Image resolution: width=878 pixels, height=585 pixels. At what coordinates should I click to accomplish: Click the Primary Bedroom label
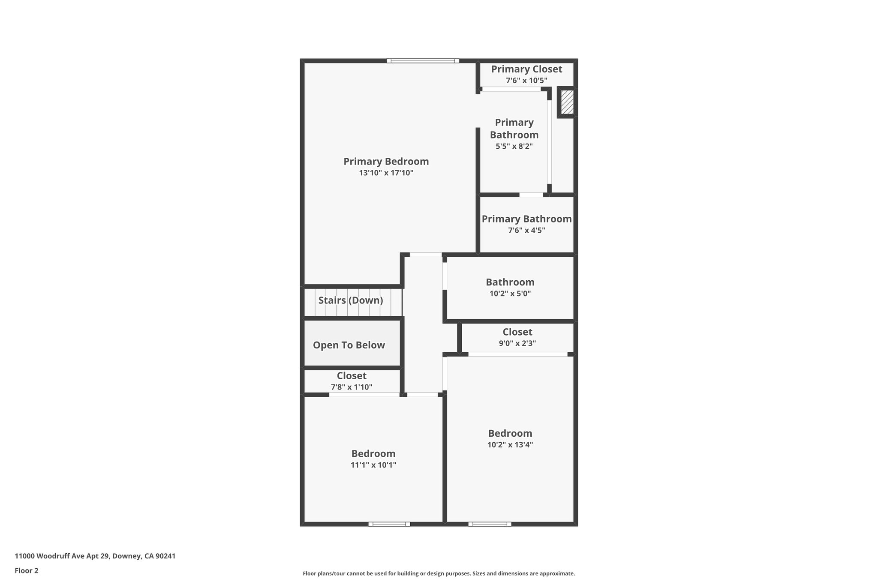click(386, 162)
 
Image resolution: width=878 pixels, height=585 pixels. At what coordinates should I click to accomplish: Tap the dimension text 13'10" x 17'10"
click(386, 173)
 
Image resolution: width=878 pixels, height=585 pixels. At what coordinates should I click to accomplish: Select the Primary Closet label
click(526, 69)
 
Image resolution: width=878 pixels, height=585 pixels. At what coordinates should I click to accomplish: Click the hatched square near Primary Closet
click(567, 102)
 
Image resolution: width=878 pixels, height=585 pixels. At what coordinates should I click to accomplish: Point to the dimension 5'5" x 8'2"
click(514, 146)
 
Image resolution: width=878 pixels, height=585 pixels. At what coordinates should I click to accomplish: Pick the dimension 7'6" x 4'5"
click(526, 230)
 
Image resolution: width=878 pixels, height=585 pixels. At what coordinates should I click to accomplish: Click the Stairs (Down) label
click(351, 300)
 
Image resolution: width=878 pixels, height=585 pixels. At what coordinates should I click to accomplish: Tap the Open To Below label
click(349, 345)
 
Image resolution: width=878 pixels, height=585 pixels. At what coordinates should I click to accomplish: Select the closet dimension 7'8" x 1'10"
click(352, 387)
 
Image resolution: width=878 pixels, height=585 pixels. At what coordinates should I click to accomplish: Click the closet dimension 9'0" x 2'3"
click(517, 343)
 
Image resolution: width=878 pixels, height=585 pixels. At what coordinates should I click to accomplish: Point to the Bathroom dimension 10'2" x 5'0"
click(510, 294)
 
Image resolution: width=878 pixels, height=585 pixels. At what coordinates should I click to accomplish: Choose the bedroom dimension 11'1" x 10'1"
click(373, 465)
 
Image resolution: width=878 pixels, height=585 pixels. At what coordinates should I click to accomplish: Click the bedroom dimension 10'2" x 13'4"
click(510, 444)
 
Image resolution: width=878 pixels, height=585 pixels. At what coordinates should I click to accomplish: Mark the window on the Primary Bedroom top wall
click(423, 61)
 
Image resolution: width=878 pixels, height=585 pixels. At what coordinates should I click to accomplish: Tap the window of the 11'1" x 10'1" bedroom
click(389, 524)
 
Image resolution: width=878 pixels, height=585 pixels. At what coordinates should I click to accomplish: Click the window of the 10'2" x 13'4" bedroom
click(490, 524)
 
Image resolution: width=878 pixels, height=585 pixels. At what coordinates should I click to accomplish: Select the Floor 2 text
click(27, 570)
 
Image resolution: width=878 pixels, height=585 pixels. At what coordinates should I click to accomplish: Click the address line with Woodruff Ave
click(95, 556)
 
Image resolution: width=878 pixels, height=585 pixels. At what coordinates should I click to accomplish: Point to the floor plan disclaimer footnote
click(439, 573)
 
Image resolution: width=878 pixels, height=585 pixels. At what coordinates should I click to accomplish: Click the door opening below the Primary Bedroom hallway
click(426, 255)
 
